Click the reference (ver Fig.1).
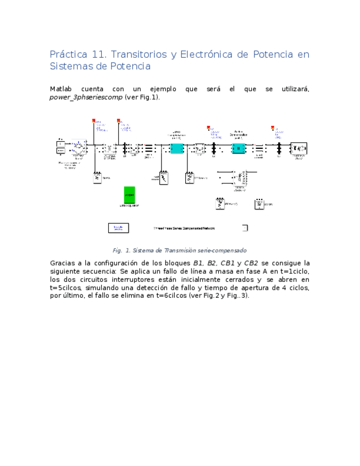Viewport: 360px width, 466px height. pyautogui.click(x=142, y=97)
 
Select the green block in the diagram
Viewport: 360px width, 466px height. pyautogui.click(x=129, y=195)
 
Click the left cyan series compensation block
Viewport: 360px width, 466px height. pyautogui.click(x=176, y=148)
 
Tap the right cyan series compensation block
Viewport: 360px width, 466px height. pyautogui.click(x=238, y=148)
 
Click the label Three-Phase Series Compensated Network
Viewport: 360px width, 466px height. pyautogui.click(x=184, y=228)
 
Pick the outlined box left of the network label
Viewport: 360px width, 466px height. pyautogui.click(x=118, y=228)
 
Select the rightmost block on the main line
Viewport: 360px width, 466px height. pyautogui.click(x=298, y=148)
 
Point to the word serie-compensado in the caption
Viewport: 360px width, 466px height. pyautogui.click(x=225, y=250)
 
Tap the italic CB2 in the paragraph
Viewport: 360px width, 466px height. pyautogui.click(x=251, y=263)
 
